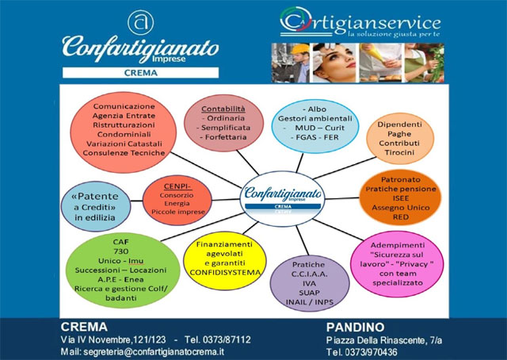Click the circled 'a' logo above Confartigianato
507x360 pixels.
pos(141,22)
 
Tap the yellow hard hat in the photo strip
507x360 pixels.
pos(299,49)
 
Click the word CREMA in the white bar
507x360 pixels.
pos(141,73)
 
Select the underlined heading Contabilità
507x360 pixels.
pos(223,109)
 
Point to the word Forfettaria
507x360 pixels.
pos(226,137)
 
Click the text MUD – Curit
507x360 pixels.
pos(319,128)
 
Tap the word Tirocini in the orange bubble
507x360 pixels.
pos(399,152)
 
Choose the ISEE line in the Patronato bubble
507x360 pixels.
pos(401,198)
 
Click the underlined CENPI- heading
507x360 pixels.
pos(177,186)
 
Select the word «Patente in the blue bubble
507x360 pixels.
pos(95,196)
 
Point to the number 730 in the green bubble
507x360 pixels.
pos(121,251)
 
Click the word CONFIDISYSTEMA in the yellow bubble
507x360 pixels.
pos(225,273)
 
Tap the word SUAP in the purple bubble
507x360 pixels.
pos(309,293)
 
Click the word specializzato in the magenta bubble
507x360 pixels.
pos(398,282)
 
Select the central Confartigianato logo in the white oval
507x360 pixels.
pos(283,198)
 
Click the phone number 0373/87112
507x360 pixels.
pos(218,339)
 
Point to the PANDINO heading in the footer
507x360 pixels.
pos(355,327)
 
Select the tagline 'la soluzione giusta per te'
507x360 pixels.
pos(394,34)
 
